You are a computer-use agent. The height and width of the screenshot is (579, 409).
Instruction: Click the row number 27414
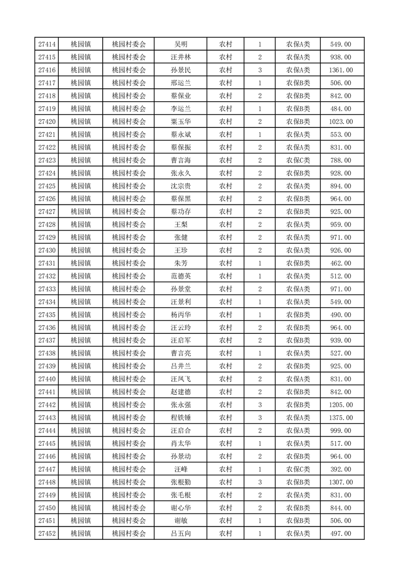coord(47,44)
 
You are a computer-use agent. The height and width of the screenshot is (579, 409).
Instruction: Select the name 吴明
coord(181,44)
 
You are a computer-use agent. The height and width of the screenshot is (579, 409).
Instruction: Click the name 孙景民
coord(181,70)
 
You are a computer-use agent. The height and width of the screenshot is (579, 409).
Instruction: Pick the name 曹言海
coord(181,160)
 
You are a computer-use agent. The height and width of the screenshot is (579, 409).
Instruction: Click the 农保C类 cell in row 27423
coord(298,160)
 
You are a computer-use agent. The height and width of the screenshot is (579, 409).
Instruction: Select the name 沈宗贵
coord(181,186)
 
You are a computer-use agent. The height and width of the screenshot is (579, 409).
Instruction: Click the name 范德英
coord(181,276)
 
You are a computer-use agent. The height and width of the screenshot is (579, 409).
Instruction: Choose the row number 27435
coord(47,315)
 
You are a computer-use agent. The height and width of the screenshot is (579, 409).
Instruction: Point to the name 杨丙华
coord(181,315)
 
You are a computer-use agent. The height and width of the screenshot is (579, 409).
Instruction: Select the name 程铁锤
coord(181,417)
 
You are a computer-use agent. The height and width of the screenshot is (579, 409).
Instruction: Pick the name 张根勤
coord(181,482)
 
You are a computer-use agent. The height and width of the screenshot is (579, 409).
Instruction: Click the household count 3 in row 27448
coord(259,482)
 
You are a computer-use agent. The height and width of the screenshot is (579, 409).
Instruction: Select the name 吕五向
coord(181,534)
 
